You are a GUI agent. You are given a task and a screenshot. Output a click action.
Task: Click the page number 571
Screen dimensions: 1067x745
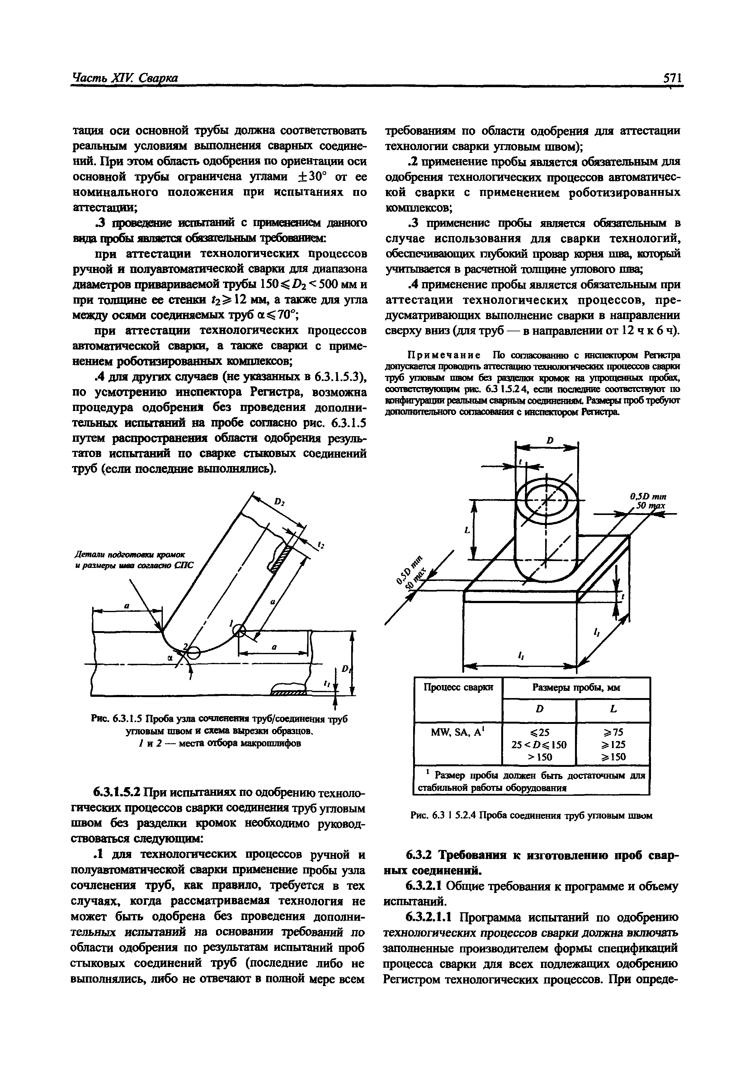tap(672, 78)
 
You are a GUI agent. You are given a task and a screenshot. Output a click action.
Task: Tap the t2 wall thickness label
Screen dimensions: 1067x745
tap(320, 545)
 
